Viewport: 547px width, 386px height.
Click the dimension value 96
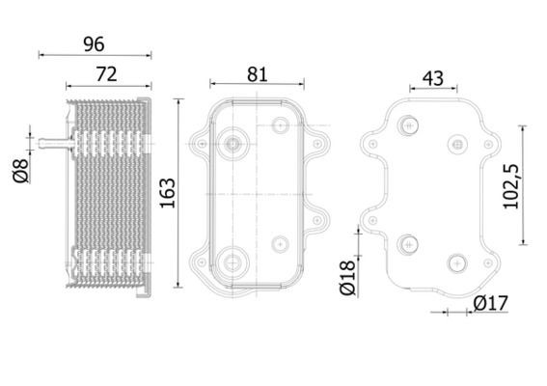click(93, 43)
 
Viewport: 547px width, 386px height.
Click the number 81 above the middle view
click(257, 73)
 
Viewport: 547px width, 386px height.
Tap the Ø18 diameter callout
click(346, 279)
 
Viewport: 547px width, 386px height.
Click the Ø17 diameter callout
click(490, 304)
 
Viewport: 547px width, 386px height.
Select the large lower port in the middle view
click(232, 261)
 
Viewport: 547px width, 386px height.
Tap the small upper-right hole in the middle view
click(281, 125)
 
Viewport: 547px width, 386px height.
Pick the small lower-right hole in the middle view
click(281, 242)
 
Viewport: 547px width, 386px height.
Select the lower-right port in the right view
click(456, 261)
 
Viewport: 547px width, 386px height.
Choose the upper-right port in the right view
click(456, 143)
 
